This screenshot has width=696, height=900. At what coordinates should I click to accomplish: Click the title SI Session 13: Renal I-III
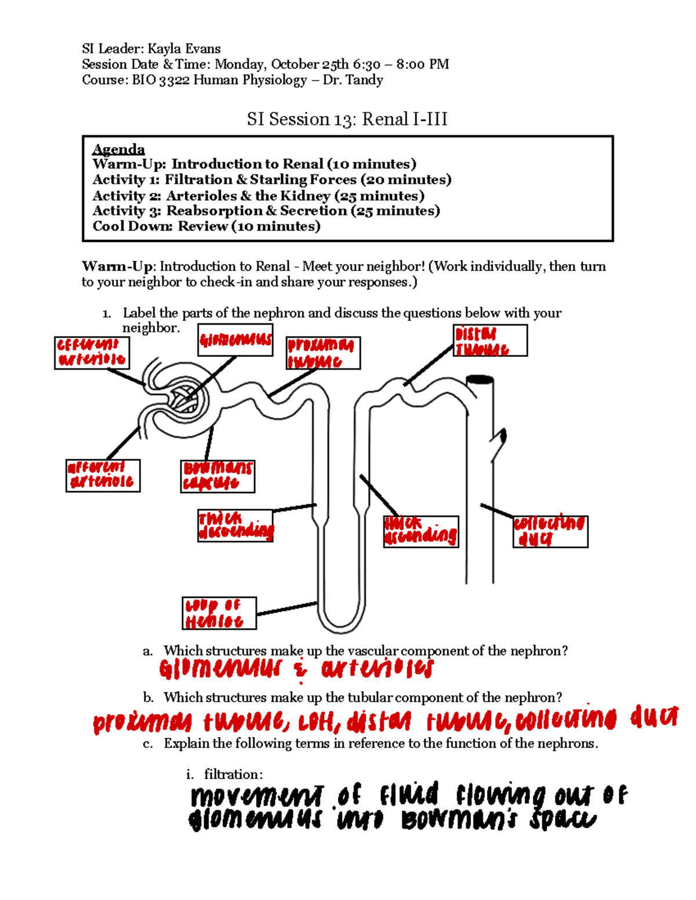(347, 119)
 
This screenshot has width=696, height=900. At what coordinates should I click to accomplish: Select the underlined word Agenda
(118, 150)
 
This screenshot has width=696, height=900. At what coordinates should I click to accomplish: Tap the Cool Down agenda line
(206, 227)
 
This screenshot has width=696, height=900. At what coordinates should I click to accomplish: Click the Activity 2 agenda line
(258, 196)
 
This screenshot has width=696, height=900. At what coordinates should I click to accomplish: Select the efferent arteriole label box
(92, 353)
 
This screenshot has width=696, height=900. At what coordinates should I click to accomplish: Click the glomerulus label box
(235, 340)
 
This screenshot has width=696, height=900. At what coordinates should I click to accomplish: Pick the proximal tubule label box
(323, 353)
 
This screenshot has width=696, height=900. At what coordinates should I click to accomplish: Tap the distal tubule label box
(490, 341)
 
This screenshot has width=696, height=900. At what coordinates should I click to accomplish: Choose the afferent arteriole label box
(103, 476)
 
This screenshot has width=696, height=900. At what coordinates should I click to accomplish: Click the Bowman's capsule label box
(217, 476)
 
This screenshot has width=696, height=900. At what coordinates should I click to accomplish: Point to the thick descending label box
(235, 526)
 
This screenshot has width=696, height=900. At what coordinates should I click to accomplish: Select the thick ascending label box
(420, 531)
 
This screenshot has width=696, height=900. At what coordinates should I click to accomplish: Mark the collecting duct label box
(550, 531)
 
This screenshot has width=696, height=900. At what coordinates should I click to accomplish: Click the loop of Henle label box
(219, 613)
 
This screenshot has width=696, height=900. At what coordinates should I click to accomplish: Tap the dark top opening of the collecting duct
(480, 380)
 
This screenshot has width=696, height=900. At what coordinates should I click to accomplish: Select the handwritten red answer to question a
(296, 669)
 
